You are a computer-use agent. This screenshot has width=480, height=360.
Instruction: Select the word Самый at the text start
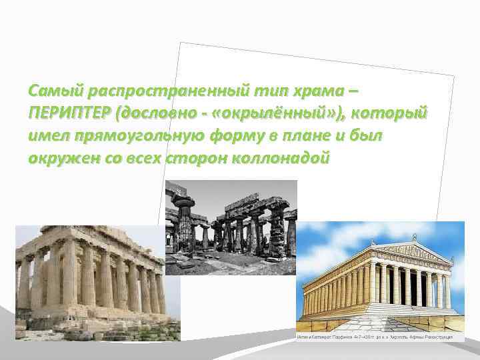tap(51, 89)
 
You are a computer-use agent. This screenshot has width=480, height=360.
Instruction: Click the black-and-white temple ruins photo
tap(231, 227)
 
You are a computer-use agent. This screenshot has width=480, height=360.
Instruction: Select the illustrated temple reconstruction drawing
tap(380, 280)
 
